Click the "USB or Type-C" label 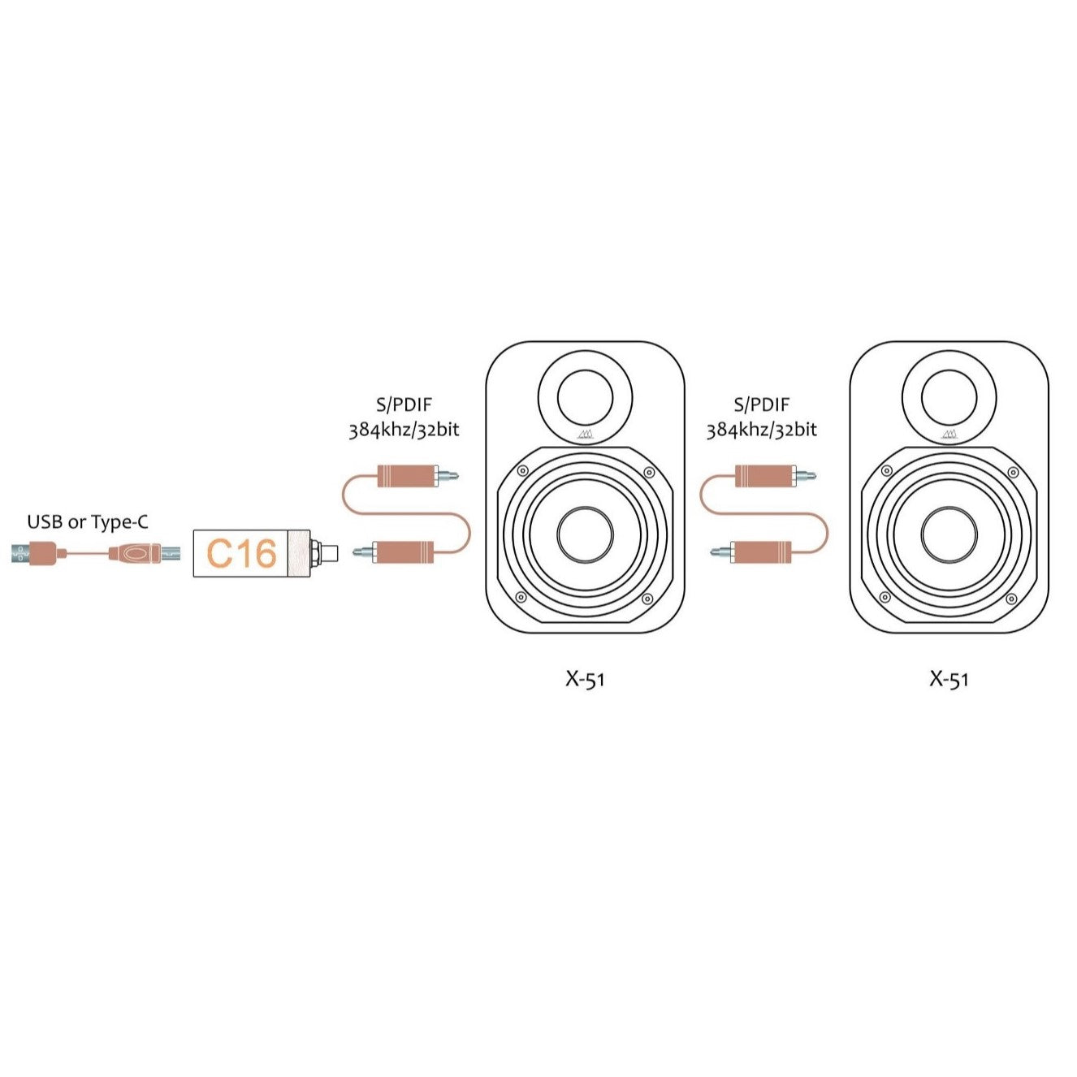click(x=88, y=522)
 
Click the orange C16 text click(x=241, y=553)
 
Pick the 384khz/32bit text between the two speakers click(x=761, y=430)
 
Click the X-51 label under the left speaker click(x=585, y=679)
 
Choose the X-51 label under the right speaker click(x=949, y=679)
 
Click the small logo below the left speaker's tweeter click(x=586, y=435)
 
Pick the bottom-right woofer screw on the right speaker click(x=1012, y=599)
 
